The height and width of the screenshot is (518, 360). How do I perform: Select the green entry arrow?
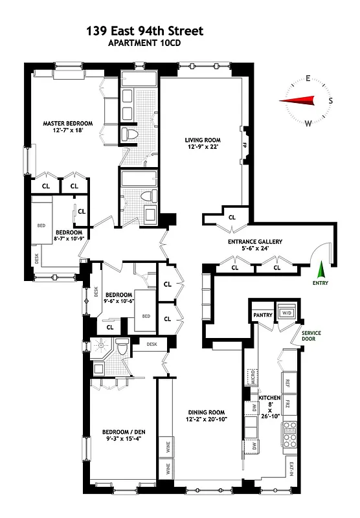(321, 268)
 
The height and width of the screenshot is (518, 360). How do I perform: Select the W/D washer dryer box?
(285, 314)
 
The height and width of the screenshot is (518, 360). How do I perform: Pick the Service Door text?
(315, 337)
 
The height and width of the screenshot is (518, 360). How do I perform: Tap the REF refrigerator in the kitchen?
(288, 381)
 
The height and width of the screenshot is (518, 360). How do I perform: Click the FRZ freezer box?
(288, 407)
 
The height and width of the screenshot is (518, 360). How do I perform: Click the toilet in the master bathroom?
(129, 135)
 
